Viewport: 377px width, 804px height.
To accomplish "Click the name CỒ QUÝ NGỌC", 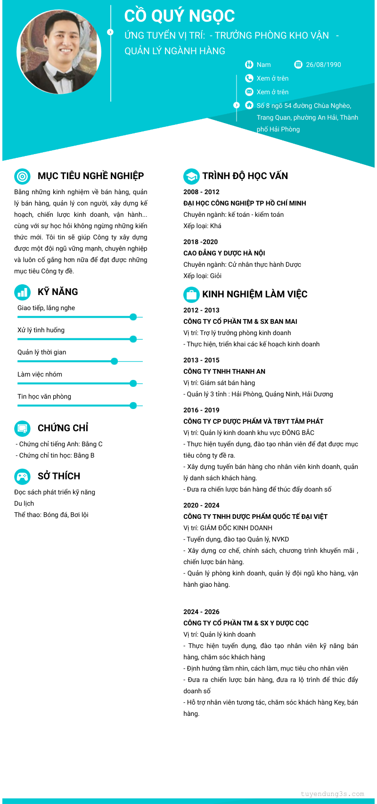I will pos(180,16).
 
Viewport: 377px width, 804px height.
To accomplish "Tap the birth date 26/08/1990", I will pos(323,65).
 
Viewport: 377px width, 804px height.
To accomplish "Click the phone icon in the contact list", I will pos(249,78).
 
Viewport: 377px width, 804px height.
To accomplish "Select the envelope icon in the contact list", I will pos(249,92).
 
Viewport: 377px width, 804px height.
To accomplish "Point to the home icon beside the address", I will pos(249,105).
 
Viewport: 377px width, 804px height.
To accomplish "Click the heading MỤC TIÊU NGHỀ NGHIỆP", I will pos(90,176).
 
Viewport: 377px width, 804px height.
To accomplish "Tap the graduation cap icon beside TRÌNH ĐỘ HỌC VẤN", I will pos(191,176).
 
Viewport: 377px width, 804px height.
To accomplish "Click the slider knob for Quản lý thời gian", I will pos(114,361).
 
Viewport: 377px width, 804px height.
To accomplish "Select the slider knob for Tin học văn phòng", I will pos(133,405).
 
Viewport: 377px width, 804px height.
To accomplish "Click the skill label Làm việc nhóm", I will pos(40,374).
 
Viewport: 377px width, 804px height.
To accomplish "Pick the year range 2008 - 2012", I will pos(201,192).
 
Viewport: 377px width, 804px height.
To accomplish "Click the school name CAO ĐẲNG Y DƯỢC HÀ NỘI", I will pos(224,253).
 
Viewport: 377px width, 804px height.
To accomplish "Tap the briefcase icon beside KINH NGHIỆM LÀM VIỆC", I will pos(191,295).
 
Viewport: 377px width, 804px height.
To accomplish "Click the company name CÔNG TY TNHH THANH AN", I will pos(224,371).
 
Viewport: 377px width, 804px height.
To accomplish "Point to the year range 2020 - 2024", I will pos(201,505).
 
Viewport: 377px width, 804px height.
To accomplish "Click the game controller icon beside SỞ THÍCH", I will pos(22,476).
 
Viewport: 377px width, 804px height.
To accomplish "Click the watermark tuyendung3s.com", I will pos(332,794).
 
